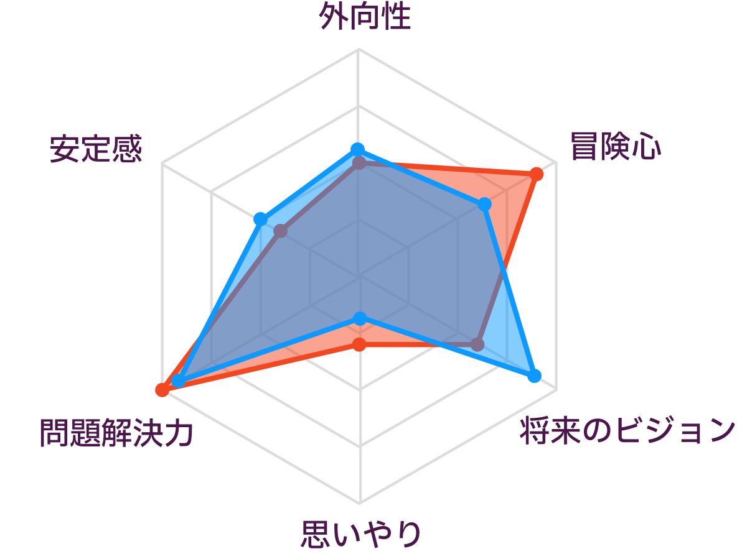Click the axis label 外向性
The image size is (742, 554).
pyautogui.click(x=364, y=17)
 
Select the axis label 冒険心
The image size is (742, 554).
pyautogui.click(x=615, y=146)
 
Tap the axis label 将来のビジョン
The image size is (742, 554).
pyautogui.click(x=627, y=430)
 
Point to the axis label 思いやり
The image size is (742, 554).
pyautogui.click(x=360, y=534)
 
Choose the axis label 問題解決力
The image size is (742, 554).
pyautogui.click(x=116, y=433)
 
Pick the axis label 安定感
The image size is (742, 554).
pyautogui.click(x=96, y=149)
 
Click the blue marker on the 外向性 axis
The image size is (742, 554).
pyautogui.click(x=357, y=150)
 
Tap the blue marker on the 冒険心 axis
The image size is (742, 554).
pyautogui.click(x=484, y=204)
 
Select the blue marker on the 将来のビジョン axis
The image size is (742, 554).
pyautogui.click(x=534, y=376)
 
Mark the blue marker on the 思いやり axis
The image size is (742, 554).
pyautogui.click(x=360, y=318)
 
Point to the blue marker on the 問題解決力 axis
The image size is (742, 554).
pyautogui.click(x=177, y=381)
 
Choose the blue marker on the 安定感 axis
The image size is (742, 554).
pyautogui.click(x=260, y=219)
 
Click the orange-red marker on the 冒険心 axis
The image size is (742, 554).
pyautogui.click(x=536, y=174)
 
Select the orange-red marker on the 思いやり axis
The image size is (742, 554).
pyautogui.click(x=360, y=344)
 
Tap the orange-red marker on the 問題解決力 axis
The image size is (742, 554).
pyautogui.click(x=162, y=390)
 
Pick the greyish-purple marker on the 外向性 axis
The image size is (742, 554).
pyautogui.click(x=359, y=164)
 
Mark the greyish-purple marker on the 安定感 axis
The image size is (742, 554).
pyautogui.click(x=281, y=231)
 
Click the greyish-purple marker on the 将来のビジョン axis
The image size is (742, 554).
pyautogui.click(x=478, y=344)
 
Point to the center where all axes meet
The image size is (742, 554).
pyautogui.click(x=359, y=276)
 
